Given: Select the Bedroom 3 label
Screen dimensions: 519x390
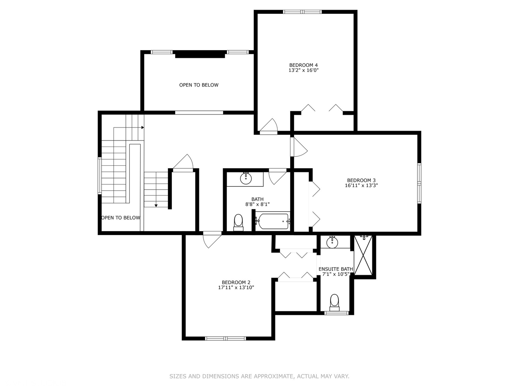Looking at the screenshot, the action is (361, 181).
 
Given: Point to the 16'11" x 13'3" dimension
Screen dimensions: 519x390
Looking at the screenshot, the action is (361, 185).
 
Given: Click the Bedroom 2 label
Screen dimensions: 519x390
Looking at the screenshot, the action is (236, 282).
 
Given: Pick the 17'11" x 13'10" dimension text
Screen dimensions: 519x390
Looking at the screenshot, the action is (236, 287).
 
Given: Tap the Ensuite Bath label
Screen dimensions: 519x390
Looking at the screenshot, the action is (336, 269).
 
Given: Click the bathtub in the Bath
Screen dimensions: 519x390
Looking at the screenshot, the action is (273, 221).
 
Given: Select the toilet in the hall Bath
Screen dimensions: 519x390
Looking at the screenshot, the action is (238, 222).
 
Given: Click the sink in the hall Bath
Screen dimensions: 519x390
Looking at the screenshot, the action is (246, 178).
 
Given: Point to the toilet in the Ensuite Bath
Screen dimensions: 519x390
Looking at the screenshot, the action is (334, 303).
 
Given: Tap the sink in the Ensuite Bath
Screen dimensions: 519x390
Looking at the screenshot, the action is (332, 242).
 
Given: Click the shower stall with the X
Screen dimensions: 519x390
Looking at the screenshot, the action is (363, 255).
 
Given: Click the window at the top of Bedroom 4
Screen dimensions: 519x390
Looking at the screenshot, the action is (302, 12).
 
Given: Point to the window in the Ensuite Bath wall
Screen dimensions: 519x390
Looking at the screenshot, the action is (336, 313).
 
